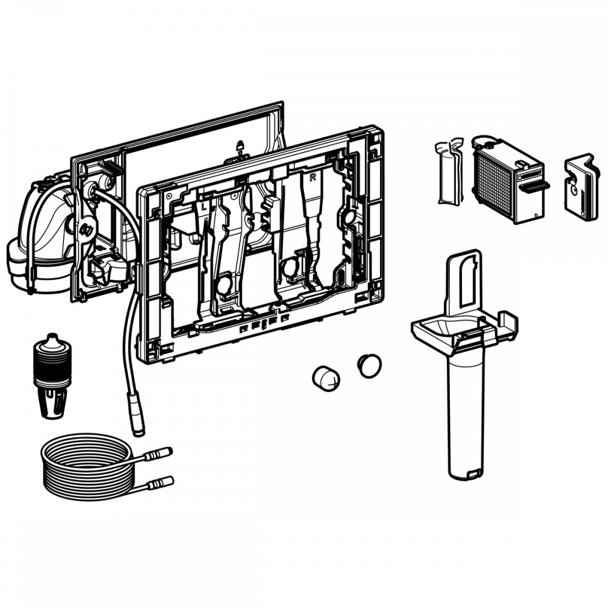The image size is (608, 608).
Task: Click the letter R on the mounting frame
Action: click(313, 178)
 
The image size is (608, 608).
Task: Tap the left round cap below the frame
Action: click(325, 378)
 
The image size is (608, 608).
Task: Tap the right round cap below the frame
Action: click(369, 365)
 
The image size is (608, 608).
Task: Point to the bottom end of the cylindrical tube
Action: click(465, 471)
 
